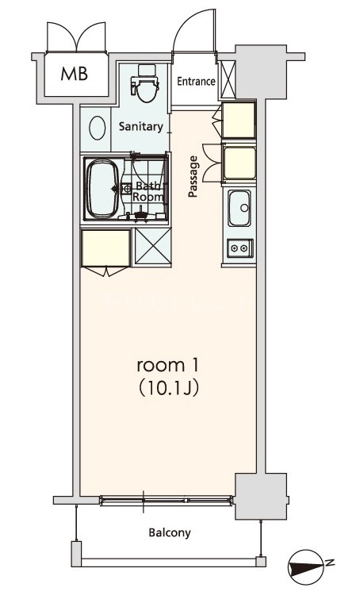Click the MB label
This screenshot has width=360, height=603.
tap(75, 74)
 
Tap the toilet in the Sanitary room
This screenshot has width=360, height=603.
tap(145, 83)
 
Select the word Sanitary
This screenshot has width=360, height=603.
tap(140, 126)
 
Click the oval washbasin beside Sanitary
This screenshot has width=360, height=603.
tap(98, 128)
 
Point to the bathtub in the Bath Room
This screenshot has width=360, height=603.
tap(102, 189)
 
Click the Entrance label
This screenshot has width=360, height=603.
tap(196, 81)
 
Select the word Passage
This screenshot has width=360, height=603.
tap(193, 176)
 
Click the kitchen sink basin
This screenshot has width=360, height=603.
tap(239, 208)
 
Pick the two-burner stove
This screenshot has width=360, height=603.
tap(239, 248)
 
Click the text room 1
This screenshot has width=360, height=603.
tap(167, 365)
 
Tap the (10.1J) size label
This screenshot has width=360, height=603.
tap(168, 389)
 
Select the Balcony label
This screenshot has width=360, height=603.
tap(170, 532)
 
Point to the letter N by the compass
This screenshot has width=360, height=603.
tap(330, 563)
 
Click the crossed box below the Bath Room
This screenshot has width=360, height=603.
tap(152, 247)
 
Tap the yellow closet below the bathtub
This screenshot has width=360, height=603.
tap(105, 248)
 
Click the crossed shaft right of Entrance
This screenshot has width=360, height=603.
tap(228, 79)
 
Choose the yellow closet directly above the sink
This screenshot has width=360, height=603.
tap(239, 163)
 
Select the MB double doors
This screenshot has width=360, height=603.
tap(76, 36)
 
